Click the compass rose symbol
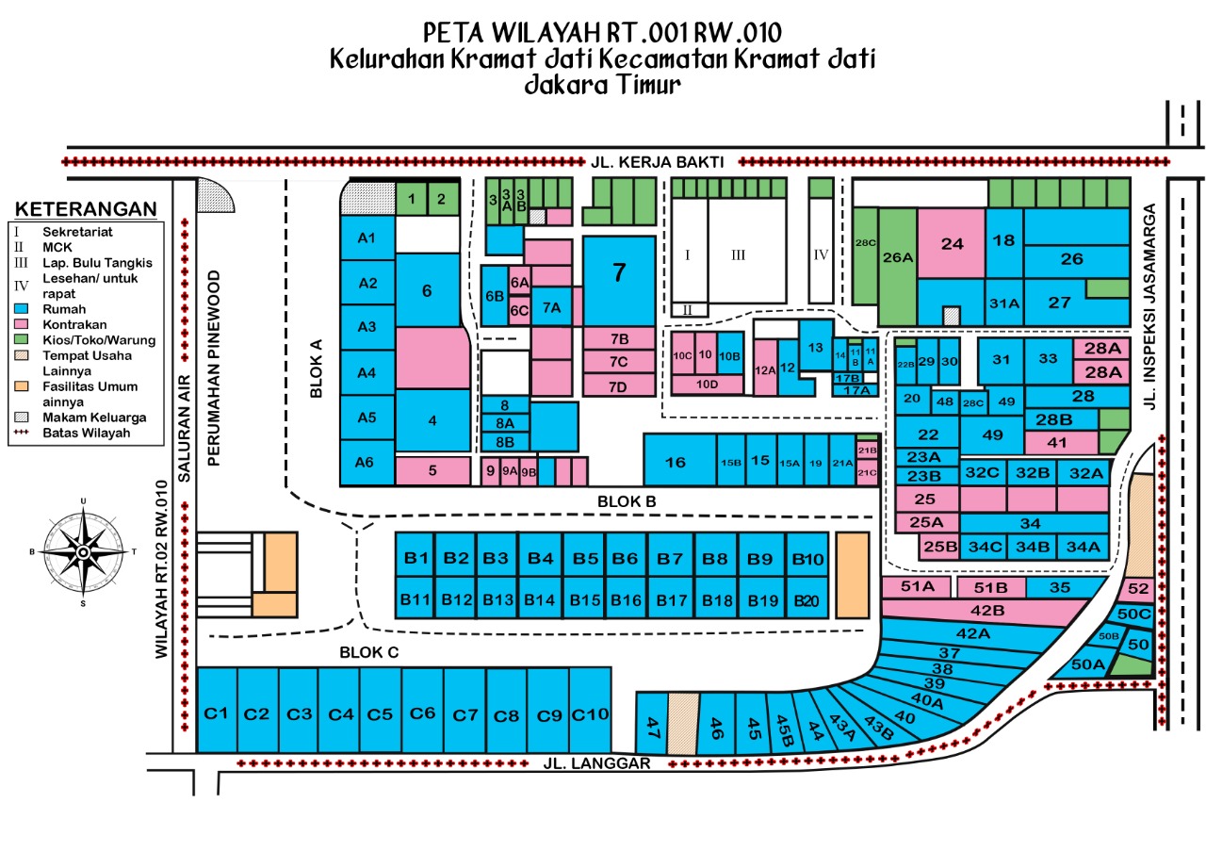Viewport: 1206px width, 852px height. (83, 550)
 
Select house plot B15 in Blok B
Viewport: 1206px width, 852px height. (585, 599)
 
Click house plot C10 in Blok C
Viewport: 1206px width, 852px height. (591, 713)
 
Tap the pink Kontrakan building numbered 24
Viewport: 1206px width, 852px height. (952, 243)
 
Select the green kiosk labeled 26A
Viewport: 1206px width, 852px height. (898, 256)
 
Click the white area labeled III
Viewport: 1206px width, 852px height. (739, 254)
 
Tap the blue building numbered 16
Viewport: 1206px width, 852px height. (675, 462)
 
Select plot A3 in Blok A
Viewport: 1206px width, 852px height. (367, 327)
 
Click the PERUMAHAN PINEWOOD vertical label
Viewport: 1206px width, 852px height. (214, 368)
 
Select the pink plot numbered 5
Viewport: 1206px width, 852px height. (432, 470)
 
